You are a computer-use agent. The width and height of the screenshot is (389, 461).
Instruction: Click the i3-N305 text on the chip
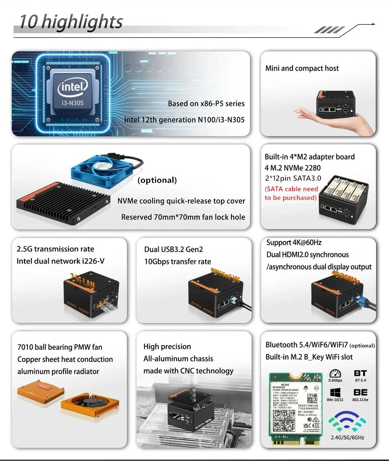(x=73, y=103)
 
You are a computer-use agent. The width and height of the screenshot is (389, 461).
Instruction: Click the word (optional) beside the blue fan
(x=157, y=180)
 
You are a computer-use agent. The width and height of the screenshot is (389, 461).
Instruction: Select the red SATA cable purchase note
(x=291, y=194)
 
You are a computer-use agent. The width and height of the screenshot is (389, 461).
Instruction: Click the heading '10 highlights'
(x=71, y=22)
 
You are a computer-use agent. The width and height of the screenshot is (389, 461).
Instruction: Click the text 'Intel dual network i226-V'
(x=60, y=261)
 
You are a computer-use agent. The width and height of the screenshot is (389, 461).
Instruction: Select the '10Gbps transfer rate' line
(x=177, y=262)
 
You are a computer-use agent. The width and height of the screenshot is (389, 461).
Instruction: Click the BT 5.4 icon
(x=360, y=376)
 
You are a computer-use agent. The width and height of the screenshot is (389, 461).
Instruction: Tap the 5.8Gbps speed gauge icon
(x=335, y=374)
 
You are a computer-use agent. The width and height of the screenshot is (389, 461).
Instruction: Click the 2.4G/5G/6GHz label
(x=347, y=437)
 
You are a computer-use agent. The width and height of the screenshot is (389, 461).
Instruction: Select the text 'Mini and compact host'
(x=302, y=69)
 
